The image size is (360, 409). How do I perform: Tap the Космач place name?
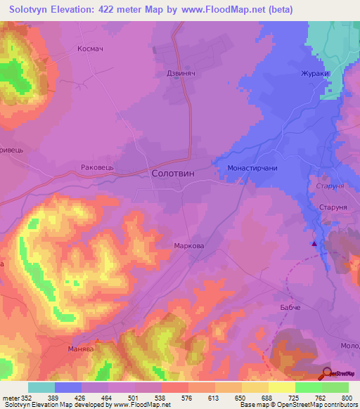(91, 50)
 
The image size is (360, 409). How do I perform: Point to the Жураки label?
(315, 72)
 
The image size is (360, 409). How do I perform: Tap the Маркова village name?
(188, 246)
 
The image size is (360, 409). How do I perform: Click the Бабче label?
(295, 309)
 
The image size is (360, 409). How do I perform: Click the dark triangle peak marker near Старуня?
(314, 244)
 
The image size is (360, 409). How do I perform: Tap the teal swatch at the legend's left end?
(41, 387)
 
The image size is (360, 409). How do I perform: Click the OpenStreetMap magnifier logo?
(328, 373)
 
